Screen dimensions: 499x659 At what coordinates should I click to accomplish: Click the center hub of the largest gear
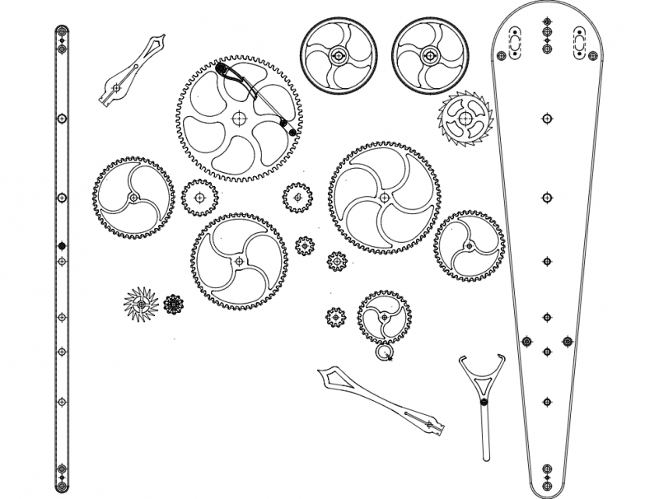239,118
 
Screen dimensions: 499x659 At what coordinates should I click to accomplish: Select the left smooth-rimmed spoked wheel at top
338,55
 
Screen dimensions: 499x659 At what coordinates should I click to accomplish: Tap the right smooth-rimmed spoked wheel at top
430,55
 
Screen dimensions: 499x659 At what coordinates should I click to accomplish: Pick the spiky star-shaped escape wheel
141,306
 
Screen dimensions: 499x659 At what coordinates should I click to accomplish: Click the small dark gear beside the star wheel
173,305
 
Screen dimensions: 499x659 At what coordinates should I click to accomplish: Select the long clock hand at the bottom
383,402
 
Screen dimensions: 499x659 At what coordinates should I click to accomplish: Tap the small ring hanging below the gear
384,353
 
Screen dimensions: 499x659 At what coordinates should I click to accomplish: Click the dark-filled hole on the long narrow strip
61,246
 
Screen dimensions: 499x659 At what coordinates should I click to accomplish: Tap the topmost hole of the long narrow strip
61,33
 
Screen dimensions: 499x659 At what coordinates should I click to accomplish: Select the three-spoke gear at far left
133,198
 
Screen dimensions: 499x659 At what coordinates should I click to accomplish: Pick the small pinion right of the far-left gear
199,198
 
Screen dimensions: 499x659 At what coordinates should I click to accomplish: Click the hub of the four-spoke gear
239,261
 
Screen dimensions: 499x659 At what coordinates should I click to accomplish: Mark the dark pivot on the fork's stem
484,402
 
